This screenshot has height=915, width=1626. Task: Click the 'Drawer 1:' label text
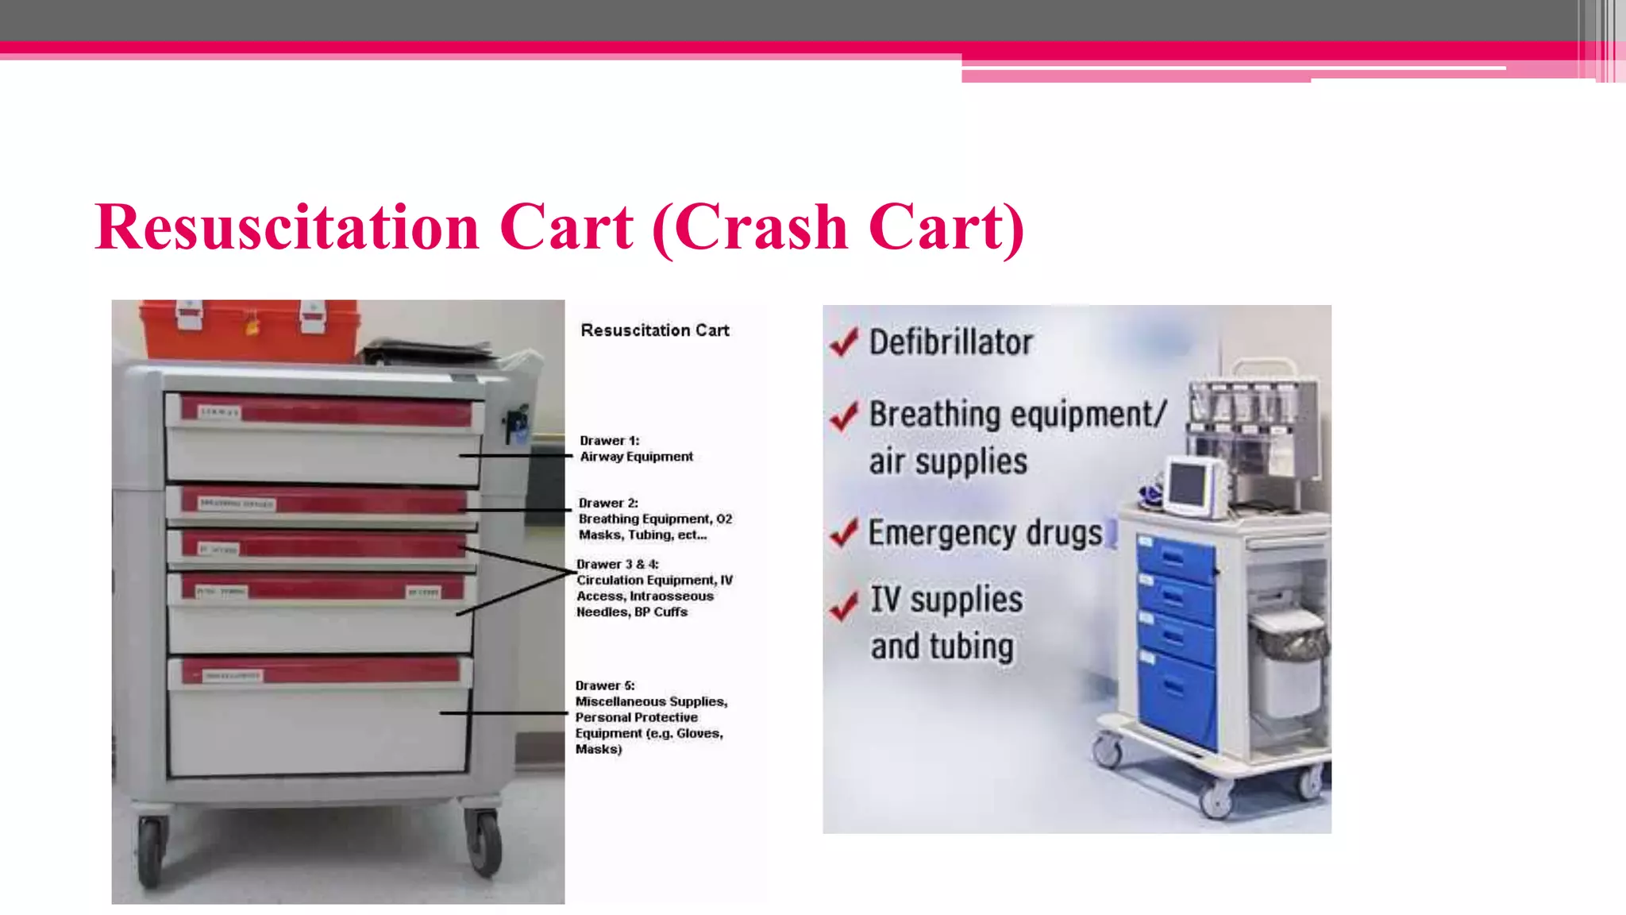pyautogui.click(x=609, y=441)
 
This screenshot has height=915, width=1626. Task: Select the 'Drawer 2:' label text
pyautogui.click(x=608, y=503)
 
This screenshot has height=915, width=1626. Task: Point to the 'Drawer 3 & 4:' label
pyautogui.click(x=617, y=564)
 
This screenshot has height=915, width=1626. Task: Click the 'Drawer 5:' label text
pyautogui.click(x=605, y=685)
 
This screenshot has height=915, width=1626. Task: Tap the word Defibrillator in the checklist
pyautogui.click(x=950, y=342)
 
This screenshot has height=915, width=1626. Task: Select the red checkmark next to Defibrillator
pyautogui.click(x=844, y=342)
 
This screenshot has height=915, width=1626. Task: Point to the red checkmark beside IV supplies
pyautogui.click(x=844, y=607)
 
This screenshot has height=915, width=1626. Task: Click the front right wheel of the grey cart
pyautogui.click(x=484, y=842)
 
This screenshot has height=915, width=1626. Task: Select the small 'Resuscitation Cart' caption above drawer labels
pyautogui.click(x=655, y=330)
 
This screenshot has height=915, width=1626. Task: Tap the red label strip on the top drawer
pyautogui.click(x=326, y=412)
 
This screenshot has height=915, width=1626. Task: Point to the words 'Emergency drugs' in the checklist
pyautogui.click(x=985, y=533)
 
